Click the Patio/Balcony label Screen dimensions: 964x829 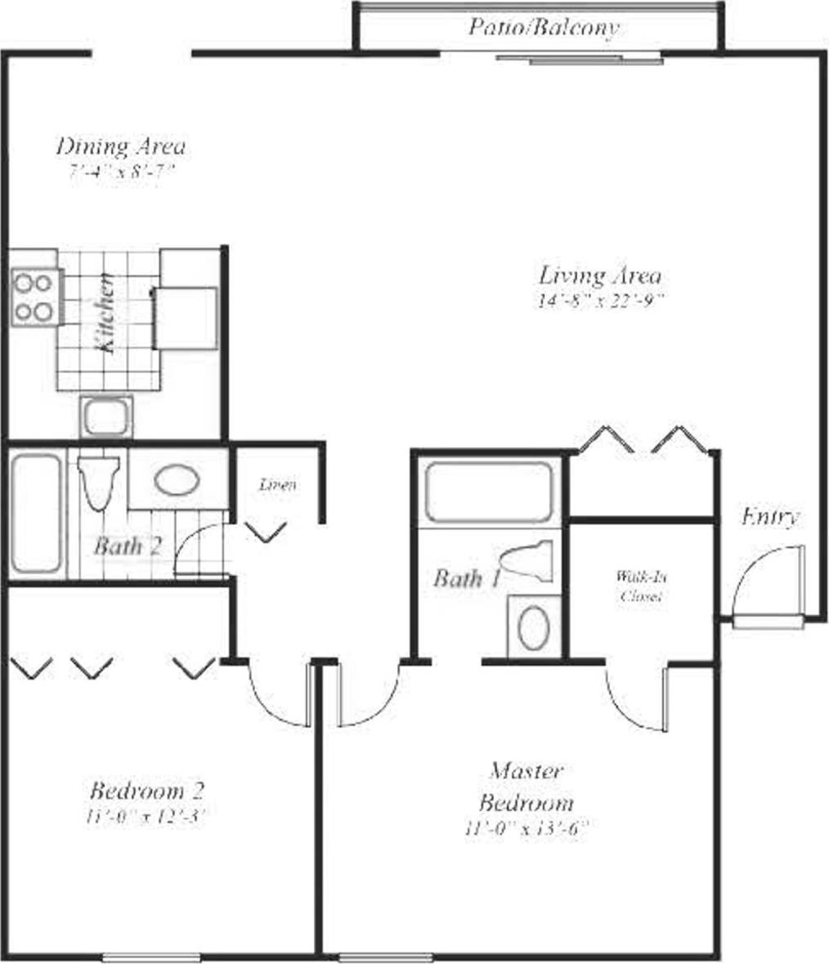tap(543, 28)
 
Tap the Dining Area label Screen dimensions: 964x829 tap(121, 147)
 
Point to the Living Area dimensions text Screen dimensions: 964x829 tap(599, 301)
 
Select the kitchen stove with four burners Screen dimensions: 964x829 tap(34, 298)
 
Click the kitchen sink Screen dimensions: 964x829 tap(106, 417)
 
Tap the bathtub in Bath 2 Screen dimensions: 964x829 tap(36, 513)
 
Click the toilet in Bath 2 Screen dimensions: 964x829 tap(99, 482)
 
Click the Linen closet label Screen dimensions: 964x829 tap(277, 485)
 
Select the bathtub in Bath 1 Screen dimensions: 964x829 tap(489, 492)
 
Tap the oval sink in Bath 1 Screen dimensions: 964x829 tap(535, 628)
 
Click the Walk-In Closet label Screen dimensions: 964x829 tap(641, 586)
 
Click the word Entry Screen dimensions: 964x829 tap(769, 518)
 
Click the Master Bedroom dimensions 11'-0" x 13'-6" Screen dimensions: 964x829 tap(526, 828)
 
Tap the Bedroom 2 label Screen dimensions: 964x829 tap(146, 791)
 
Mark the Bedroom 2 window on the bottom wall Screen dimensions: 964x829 tap(151, 957)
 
